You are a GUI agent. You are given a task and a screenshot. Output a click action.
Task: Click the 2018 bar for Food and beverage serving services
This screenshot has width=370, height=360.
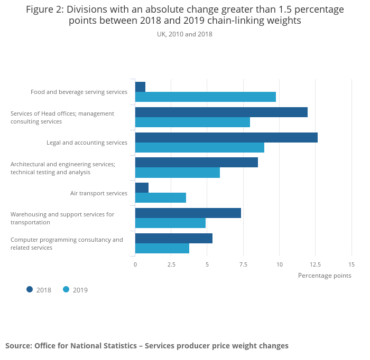click(140, 87)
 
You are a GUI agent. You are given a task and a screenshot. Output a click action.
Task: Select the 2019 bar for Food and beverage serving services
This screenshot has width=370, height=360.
click(206, 97)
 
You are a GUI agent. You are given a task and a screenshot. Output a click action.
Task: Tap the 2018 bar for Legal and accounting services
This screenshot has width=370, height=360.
click(226, 138)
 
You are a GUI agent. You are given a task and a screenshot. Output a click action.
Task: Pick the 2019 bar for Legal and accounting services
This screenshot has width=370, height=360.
click(200, 148)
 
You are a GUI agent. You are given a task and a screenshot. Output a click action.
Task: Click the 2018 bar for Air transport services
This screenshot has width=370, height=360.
click(142, 188)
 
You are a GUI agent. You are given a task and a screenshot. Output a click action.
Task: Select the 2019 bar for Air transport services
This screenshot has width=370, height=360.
click(161, 198)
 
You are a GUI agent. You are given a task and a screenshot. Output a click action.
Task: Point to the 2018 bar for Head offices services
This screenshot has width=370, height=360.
click(221, 112)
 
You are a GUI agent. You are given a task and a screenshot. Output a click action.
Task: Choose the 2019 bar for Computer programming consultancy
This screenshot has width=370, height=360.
click(162, 248)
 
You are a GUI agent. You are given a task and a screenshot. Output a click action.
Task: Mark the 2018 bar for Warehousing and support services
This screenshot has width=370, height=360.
click(188, 213)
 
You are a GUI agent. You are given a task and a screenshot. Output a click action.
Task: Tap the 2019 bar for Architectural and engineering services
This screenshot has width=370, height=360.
click(178, 173)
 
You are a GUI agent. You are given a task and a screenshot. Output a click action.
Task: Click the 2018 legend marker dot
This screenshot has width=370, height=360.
click(30, 289)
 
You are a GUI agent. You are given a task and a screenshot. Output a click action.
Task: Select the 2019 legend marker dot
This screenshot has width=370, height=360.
click(66, 289)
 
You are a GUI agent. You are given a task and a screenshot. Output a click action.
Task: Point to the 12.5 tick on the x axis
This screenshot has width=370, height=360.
click(316, 264)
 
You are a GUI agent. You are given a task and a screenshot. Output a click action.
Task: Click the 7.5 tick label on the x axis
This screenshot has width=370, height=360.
click(243, 264)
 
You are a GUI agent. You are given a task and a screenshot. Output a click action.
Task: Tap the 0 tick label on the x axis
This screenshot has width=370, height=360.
click(135, 264)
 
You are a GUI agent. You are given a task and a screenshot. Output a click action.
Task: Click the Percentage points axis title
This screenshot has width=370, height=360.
click(325, 275)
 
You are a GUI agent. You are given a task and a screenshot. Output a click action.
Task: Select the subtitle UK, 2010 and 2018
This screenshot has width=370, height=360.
click(184, 34)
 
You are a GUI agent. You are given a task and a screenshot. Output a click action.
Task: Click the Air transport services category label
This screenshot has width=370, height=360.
click(99, 193)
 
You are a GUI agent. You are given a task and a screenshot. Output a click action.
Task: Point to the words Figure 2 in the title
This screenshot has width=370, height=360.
click(44, 10)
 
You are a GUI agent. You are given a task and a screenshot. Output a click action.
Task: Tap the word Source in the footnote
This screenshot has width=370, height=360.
click(18, 346)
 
